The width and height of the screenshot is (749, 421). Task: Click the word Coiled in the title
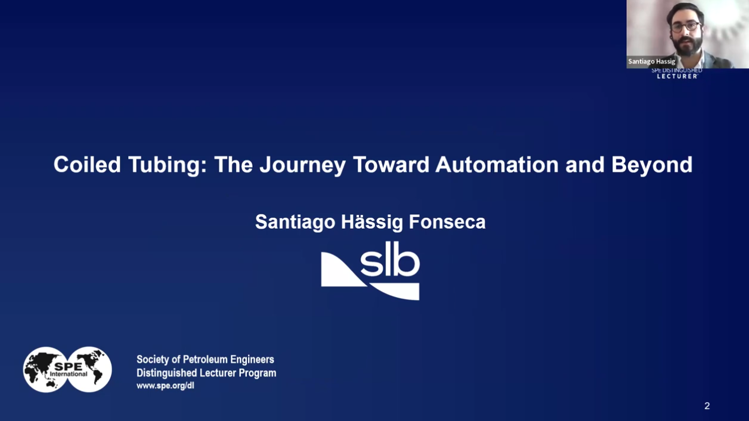[x=87, y=165]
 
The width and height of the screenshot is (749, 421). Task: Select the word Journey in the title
[x=303, y=165]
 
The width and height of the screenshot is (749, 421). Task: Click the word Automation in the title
[x=497, y=165]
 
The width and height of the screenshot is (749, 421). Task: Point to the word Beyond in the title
[x=652, y=165]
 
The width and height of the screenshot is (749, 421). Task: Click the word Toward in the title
[x=391, y=165]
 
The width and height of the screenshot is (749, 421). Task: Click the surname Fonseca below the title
[x=447, y=222]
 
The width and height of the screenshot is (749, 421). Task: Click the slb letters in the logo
[x=390, y=259]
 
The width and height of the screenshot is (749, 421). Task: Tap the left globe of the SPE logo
[x=45, y=369]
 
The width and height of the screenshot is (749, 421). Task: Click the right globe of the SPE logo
[x=90, y=369]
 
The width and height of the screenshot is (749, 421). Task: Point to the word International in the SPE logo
[x=68, y=374]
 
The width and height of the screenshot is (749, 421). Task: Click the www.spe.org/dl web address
[x=165, y=386]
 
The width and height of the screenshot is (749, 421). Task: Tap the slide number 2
[x=707, y=405]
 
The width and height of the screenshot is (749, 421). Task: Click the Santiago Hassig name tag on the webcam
[x=651, y=62]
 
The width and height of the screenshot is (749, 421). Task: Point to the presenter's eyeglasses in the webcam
[x=685, y=27]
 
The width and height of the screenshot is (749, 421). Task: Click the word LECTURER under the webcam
[x=676, y=76]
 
